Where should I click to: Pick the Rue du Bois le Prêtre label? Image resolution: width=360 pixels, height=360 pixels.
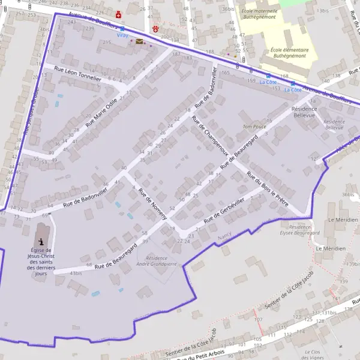tap(268, 189)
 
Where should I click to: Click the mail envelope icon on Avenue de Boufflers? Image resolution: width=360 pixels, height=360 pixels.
tap(139, 41)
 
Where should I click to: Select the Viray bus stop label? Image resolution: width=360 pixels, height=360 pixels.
tap(122, 35)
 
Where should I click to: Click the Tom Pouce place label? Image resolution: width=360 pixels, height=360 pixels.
tap(254, 127)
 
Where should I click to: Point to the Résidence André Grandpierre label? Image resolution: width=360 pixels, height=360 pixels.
tap(156, 261)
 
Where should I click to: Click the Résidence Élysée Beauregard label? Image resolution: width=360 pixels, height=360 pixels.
tap(299, 231)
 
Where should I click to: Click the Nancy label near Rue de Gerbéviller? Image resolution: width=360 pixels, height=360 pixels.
tap(224, 238)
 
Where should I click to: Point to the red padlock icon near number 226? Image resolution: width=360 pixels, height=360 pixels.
tap(118, 14)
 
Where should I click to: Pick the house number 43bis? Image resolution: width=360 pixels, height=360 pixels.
tap(76, 273)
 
